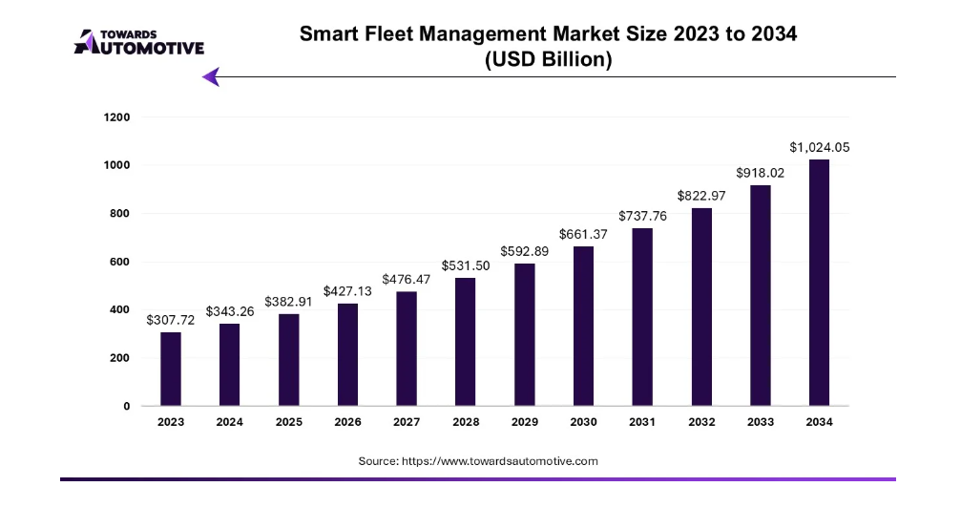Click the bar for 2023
coord(170,369)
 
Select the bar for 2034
coord(819,283)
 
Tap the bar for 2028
coord(465,342)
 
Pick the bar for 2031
coord(641,317)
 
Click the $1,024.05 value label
coord(819,147)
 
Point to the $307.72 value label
coord(170,320)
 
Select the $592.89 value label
coord(524,251)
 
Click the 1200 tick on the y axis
coord(118,117)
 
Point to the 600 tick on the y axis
coord(118,262)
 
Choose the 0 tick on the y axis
coord(126,406)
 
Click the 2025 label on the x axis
coord(288,423)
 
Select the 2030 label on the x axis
coord(583,423)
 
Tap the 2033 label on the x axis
coord(760,423)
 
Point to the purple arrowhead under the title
coord(212,76)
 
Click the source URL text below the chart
coord(478,461)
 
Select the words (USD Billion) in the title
coord(548,58)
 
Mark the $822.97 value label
coord(700,196)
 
